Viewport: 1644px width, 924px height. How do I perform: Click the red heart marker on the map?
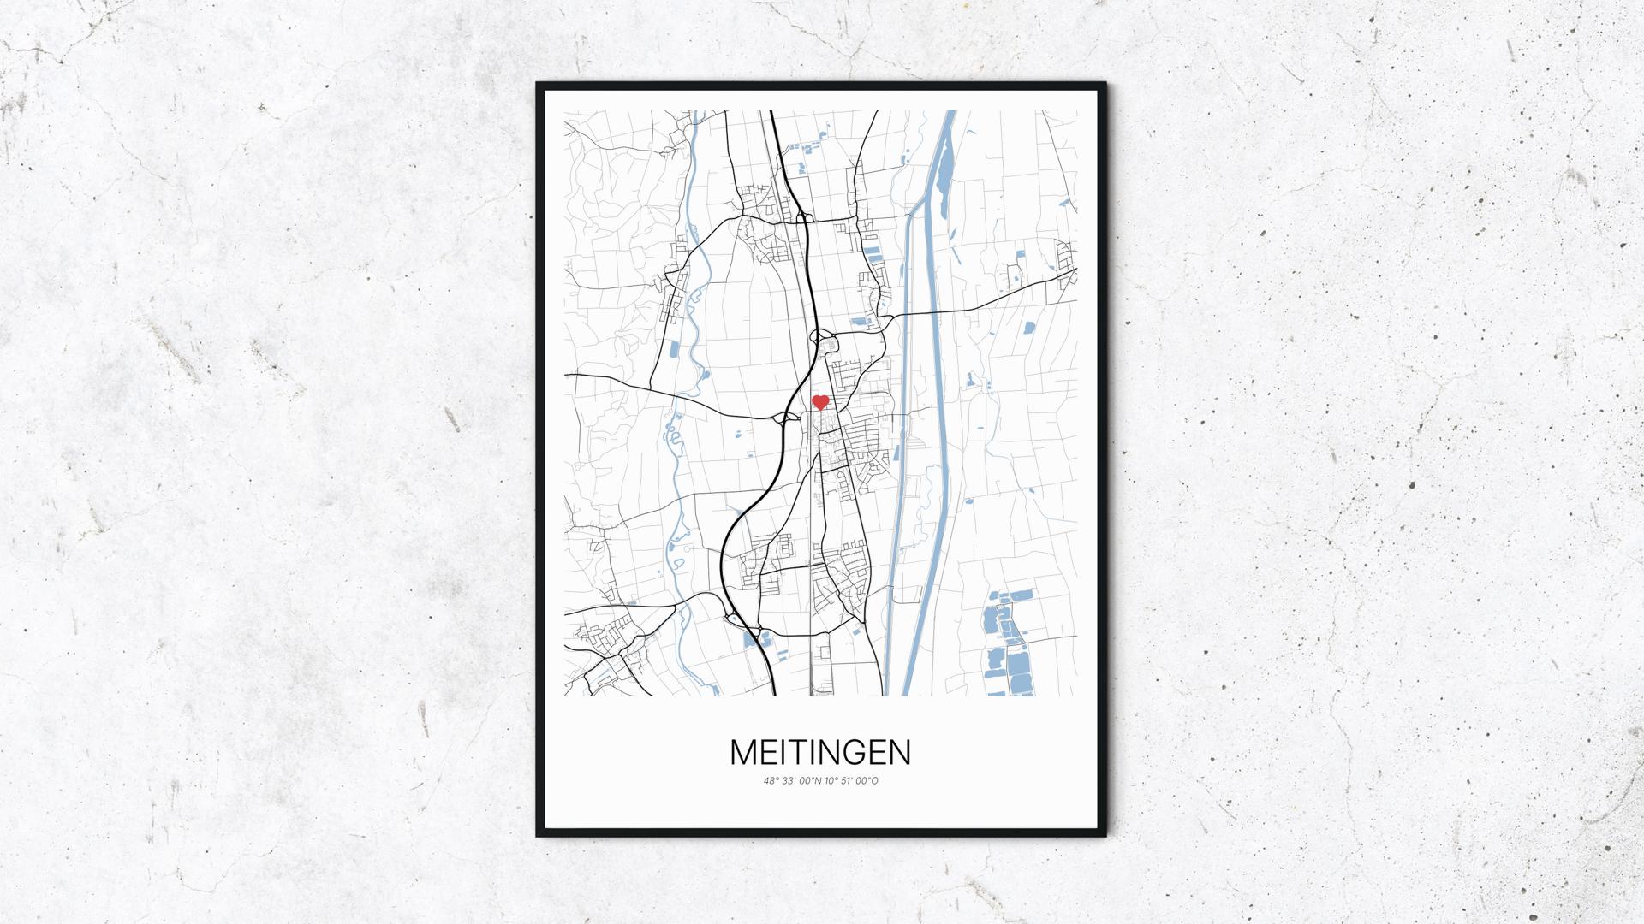click(820, 401)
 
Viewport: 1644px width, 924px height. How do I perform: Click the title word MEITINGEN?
click(820, 753)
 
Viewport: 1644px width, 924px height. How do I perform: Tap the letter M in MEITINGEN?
click(743, 753)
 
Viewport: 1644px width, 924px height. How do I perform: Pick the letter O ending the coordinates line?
click(876, 780)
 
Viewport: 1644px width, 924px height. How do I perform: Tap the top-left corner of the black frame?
click(538, 84)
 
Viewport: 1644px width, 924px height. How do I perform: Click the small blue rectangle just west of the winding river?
click(672, 348)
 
